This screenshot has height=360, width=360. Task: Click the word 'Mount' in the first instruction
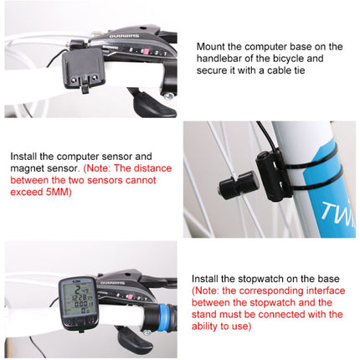(213, 47)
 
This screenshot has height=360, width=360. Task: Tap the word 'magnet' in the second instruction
(31, 167)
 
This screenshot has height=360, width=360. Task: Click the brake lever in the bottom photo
(134, 338)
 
